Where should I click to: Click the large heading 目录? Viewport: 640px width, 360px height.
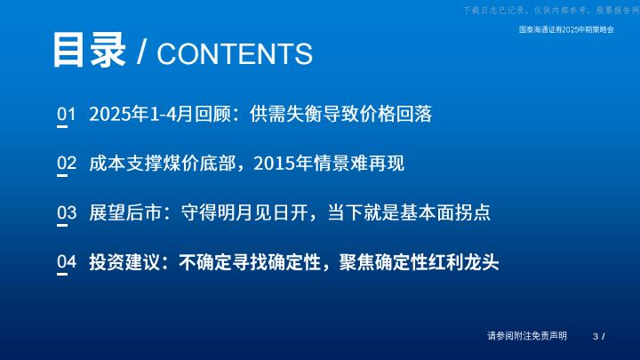89,50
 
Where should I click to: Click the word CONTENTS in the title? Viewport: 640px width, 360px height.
235,53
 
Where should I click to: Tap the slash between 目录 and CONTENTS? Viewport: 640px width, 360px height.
141,52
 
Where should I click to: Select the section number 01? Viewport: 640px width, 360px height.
66,114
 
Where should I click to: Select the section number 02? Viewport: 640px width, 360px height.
67,163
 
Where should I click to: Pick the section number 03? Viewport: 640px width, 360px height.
67,212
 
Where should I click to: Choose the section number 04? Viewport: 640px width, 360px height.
67,261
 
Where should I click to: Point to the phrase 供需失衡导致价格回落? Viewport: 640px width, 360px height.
340,114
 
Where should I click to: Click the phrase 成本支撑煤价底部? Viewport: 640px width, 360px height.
163,164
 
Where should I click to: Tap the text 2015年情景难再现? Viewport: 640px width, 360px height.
329,164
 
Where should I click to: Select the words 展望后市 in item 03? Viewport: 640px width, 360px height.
125,212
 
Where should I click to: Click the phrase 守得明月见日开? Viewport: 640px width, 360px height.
244,212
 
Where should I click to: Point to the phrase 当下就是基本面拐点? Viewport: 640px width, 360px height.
409,212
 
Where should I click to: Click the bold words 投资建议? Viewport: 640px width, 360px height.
125,262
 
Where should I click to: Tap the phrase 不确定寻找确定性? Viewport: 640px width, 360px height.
250,262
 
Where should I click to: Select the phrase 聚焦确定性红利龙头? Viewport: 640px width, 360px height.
420,262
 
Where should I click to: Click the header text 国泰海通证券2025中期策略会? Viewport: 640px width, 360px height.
566,29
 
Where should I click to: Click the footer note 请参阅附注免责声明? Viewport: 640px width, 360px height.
527,336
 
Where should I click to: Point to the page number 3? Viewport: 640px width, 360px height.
596,336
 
